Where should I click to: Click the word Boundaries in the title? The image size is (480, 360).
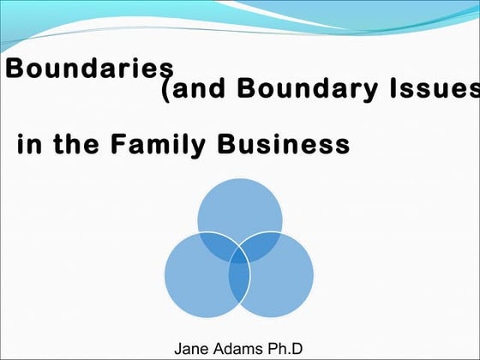coord(90,68)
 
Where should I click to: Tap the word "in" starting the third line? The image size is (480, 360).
coord(30,144)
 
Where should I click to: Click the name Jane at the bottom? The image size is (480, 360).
coord(191,348)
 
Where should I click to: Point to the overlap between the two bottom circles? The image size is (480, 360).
coord(239,287)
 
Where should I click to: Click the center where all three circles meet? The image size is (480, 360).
coord(239,260)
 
